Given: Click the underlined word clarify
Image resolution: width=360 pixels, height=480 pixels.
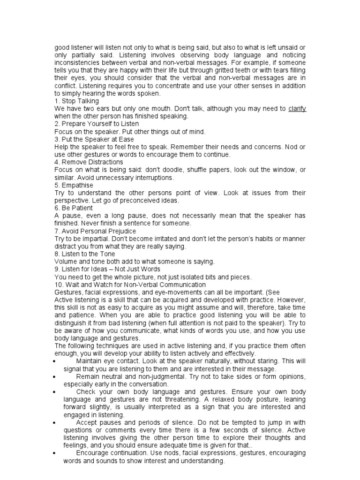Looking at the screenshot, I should pos(297,109).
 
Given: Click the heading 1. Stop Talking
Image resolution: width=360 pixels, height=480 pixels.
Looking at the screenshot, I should pos(77,101).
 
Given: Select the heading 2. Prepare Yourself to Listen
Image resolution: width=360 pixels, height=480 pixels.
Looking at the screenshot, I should pos(97,124).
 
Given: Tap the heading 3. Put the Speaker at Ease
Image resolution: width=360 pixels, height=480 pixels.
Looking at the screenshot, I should pos(94,139).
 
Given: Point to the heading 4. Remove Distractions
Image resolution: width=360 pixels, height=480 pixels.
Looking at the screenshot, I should pos(89,162).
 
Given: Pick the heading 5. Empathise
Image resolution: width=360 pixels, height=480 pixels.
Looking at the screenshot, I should pos(74,185).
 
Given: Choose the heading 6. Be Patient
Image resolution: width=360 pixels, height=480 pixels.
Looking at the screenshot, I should pos(74,208).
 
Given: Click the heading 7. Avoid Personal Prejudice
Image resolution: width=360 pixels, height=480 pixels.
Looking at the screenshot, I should pos(95,231).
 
